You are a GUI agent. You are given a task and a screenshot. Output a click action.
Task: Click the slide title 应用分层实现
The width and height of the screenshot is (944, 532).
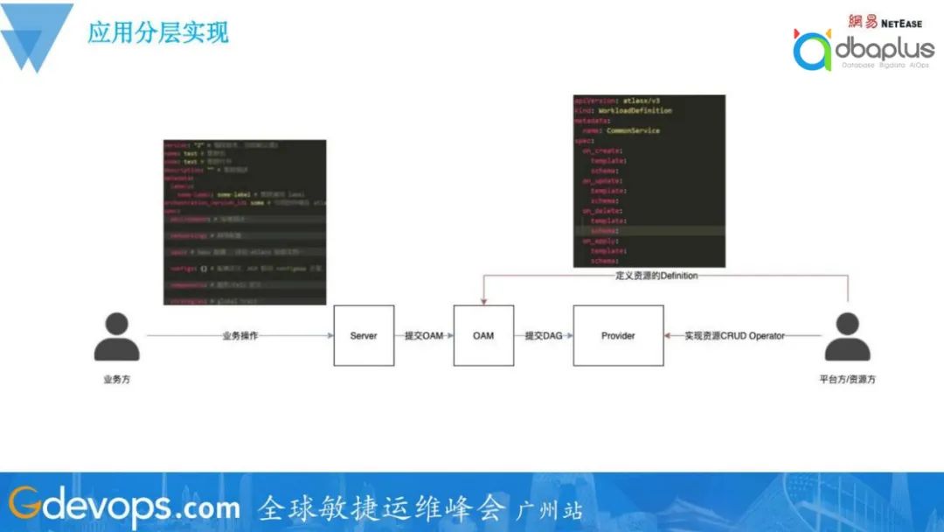(x=158, y=33)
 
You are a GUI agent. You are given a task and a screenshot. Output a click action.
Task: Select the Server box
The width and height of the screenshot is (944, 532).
(x=364, y=335)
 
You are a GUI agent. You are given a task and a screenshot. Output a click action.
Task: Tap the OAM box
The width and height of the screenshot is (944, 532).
(x=483, y=335)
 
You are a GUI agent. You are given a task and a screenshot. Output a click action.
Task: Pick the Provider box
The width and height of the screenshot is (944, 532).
(x=618, y=335)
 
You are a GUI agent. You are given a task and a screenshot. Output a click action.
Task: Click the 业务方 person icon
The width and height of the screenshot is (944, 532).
(x=116, y=337)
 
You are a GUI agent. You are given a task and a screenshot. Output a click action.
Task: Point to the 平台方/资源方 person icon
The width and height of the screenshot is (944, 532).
(x=847, y=337)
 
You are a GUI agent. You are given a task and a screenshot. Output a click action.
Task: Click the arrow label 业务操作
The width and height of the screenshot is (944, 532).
(x=239, y=335)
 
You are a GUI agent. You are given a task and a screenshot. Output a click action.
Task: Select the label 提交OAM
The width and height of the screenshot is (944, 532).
(x=424, y=335)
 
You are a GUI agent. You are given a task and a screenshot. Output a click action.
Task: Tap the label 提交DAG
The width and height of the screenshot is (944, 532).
(x=543, y=335)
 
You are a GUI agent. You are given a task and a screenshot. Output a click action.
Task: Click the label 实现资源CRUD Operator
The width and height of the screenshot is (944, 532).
(x=734, y=335)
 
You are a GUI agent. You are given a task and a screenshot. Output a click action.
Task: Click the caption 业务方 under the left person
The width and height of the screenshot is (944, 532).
(x=116, y=380)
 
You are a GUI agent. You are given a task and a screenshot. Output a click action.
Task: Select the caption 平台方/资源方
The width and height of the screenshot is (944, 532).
(x=847, y=380)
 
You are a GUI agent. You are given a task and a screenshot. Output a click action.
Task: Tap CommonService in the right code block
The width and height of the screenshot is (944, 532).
(x=633, y=130)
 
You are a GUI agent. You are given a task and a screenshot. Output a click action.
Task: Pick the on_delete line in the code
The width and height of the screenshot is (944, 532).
(x=602, y=210)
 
